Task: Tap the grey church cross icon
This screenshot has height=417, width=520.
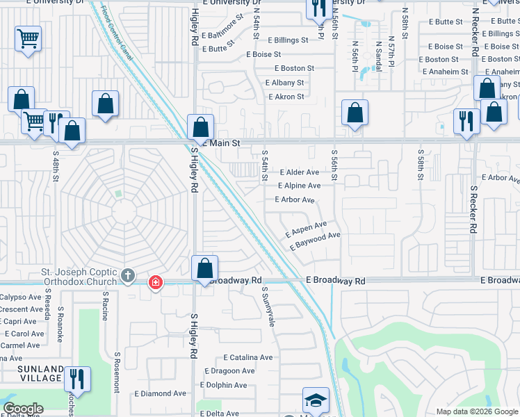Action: coord(127,275)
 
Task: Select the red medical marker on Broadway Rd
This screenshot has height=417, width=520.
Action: coord(155,282)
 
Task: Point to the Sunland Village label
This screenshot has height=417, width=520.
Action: coord(31,373)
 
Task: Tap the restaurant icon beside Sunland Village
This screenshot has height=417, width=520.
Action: coord(76,379)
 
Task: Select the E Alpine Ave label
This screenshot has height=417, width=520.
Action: coord(299,186)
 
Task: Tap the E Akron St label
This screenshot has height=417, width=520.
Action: coord(286,97)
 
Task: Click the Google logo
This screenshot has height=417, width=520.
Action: coord(23,409)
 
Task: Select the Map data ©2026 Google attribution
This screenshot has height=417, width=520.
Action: coord(476,411)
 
